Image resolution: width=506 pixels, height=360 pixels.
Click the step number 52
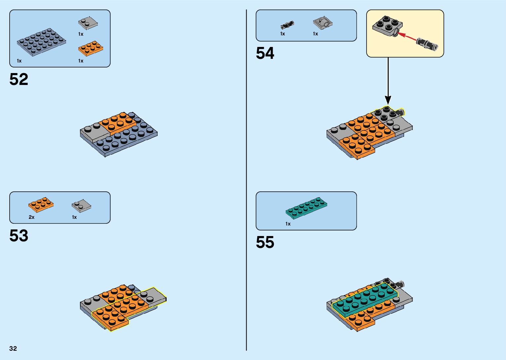pos(19,80)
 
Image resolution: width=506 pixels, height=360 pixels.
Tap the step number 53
pos(19,236)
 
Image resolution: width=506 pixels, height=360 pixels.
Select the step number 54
pos(265,53)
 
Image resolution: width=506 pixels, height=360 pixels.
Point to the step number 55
pos(265,242)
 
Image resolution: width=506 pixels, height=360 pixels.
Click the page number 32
pos(13,348)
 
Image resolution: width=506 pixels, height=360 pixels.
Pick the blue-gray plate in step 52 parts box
pos(41,42)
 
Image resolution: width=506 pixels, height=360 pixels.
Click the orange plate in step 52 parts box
pos(91,49)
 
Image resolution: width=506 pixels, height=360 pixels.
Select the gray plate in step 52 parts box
pos(88,23)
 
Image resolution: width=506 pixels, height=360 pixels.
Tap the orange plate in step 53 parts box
pos(41,205)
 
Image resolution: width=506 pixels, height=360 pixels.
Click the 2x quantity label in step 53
pos(32,217)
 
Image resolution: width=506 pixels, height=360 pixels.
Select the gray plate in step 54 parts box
pos(323,23)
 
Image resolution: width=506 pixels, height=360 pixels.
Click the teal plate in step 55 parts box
pos(306,208)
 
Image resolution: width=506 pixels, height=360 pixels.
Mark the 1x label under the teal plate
pos(288,224)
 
